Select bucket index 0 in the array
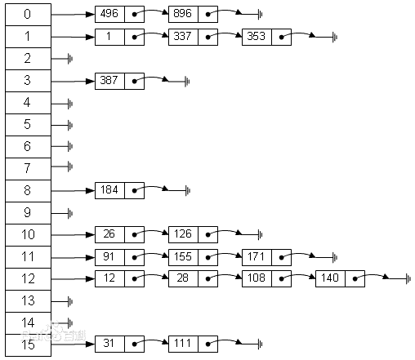tap(27, 15)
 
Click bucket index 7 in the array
tap(27, 168)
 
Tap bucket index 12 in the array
tap(27, 278)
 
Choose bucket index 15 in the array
tap(27, 344)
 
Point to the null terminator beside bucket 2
tap(71, 59)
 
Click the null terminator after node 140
tap(407, 279)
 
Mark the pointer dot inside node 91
tap(134, 256)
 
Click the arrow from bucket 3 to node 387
tap(73, 81)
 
